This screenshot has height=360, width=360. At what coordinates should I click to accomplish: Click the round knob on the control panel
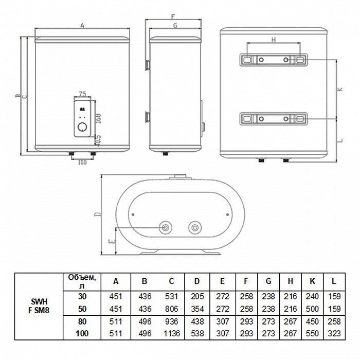tap(82, 127)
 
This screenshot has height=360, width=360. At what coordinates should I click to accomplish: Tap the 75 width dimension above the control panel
tap(82, 94)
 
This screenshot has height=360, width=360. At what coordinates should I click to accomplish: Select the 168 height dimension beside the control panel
tap(98, 118)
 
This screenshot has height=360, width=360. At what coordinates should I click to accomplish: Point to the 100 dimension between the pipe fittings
tap(82, 162)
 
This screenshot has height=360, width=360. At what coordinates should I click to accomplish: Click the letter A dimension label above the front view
tap(82, 26)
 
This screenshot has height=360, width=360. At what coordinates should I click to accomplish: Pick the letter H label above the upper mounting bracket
tap(274, 40)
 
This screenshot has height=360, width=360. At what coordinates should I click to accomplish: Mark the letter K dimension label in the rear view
tap(340, 89)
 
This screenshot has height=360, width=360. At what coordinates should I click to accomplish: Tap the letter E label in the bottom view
tap(112, 241)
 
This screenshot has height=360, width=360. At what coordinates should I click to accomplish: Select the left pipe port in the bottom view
tap(165, 228)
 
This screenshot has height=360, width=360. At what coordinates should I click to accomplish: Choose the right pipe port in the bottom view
tap(195, 228)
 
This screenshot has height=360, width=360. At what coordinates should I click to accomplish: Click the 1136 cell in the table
tap(171, 333)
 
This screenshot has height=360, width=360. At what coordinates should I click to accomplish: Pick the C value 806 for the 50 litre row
tap(171, 309)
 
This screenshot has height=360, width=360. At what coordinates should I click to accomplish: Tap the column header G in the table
tap(268, 281)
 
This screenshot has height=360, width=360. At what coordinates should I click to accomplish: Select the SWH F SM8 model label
tap(39, 306)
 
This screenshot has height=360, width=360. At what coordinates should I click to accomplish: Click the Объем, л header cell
tap(82, 282)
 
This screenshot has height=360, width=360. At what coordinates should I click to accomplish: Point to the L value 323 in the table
tap(334, 333)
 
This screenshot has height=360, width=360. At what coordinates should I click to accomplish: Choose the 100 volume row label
tap(82, 333)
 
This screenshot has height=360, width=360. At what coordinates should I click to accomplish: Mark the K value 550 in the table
tap(312, 333)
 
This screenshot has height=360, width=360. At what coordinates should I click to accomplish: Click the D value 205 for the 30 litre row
tap(197, 296)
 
